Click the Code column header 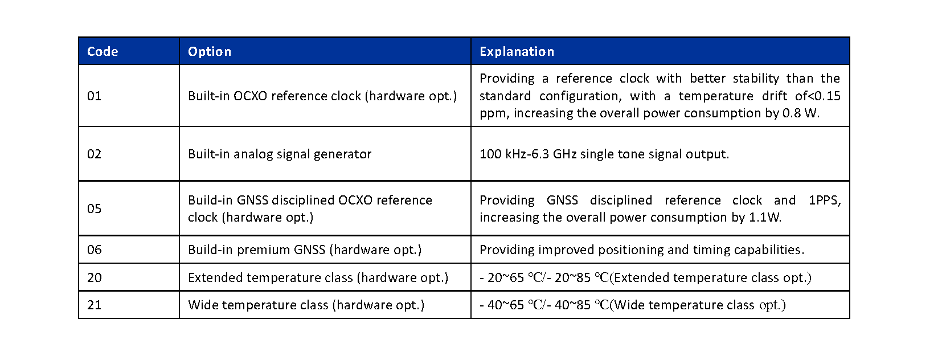click(102, 51)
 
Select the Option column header click(210, 51)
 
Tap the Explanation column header click(517, 51)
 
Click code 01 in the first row click(94, 96)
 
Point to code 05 click(94, 208)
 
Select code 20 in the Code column click(94, 277)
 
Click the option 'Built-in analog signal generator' click(280, 154)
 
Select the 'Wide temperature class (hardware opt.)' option click(306, 305)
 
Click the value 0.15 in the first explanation click(828, 96)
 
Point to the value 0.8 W click(801, 113)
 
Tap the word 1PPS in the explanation click(825, 200)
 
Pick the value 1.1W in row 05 click(765, 218)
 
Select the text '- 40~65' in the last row click(502, 305)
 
